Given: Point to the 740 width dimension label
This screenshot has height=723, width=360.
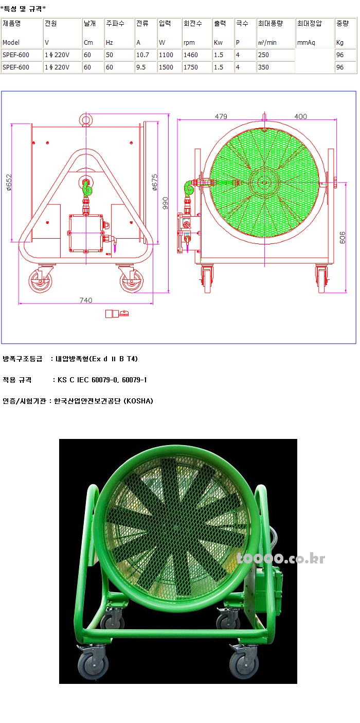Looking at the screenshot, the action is click(x=86, y=300).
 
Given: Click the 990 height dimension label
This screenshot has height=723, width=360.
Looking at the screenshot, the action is click(x=165, y=203).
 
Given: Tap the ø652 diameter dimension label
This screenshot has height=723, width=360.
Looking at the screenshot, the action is click(x=9, y=183).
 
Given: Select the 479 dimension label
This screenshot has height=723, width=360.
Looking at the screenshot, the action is click(x=221, y=116).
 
